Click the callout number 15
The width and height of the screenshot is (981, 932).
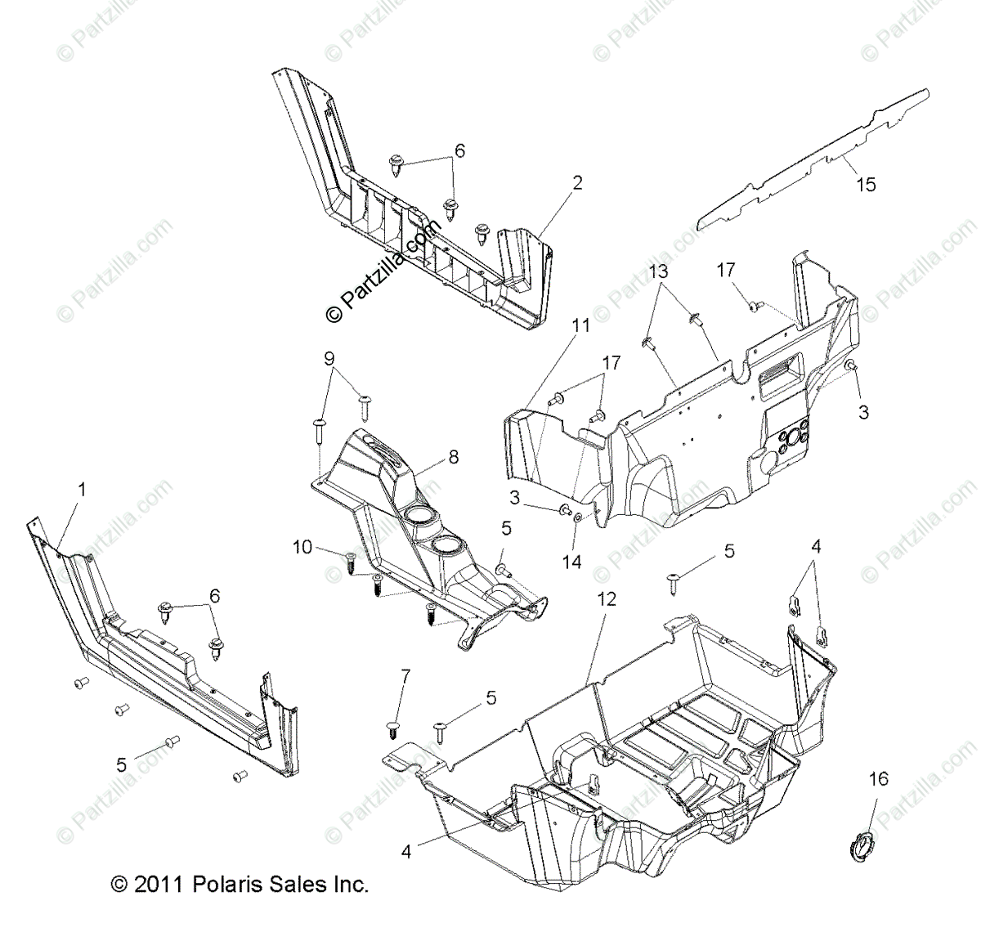click(865, 185)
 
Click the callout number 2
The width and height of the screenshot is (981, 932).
click(577, 183)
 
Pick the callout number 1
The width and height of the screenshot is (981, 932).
click(81, 490)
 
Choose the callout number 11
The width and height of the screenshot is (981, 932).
click(580, 326)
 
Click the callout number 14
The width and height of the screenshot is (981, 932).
click(572, 562)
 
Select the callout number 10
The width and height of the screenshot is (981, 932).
click(302, 547)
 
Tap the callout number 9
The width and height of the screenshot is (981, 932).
click(329, 357)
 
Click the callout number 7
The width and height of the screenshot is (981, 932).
click(404, 675)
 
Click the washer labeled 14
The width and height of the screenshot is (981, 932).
click(579, 517)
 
